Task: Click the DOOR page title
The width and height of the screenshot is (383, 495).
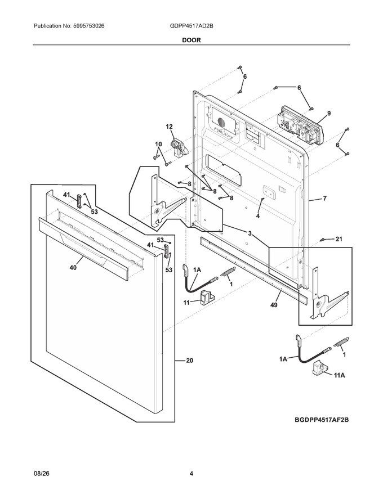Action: [191, 40]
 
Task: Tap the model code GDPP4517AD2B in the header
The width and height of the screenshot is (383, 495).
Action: [191, 26]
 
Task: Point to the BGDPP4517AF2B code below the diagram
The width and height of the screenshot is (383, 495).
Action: [322, 420]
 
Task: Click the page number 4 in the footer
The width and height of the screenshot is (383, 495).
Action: [191, 473]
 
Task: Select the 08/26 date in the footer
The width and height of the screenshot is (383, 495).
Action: [42, 473]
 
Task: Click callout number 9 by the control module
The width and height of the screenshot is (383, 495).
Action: [328, 113]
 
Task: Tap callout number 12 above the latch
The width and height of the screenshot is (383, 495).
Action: [170, 127]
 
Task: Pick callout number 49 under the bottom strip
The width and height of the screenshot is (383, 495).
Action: [274, 305]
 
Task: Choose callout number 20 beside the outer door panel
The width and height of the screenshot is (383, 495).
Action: [190, 360]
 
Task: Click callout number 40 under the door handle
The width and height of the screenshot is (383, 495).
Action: [73, 268]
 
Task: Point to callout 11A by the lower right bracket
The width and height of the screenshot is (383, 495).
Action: [340, 375]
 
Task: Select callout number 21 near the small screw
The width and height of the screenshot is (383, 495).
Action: [339, 239]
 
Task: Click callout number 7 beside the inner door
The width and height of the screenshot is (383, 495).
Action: [324, 199]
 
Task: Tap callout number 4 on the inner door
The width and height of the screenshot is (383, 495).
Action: [258, 216]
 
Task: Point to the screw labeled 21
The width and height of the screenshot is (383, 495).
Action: [323, 240]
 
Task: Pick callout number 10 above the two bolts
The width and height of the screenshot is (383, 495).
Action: [158, 144]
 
